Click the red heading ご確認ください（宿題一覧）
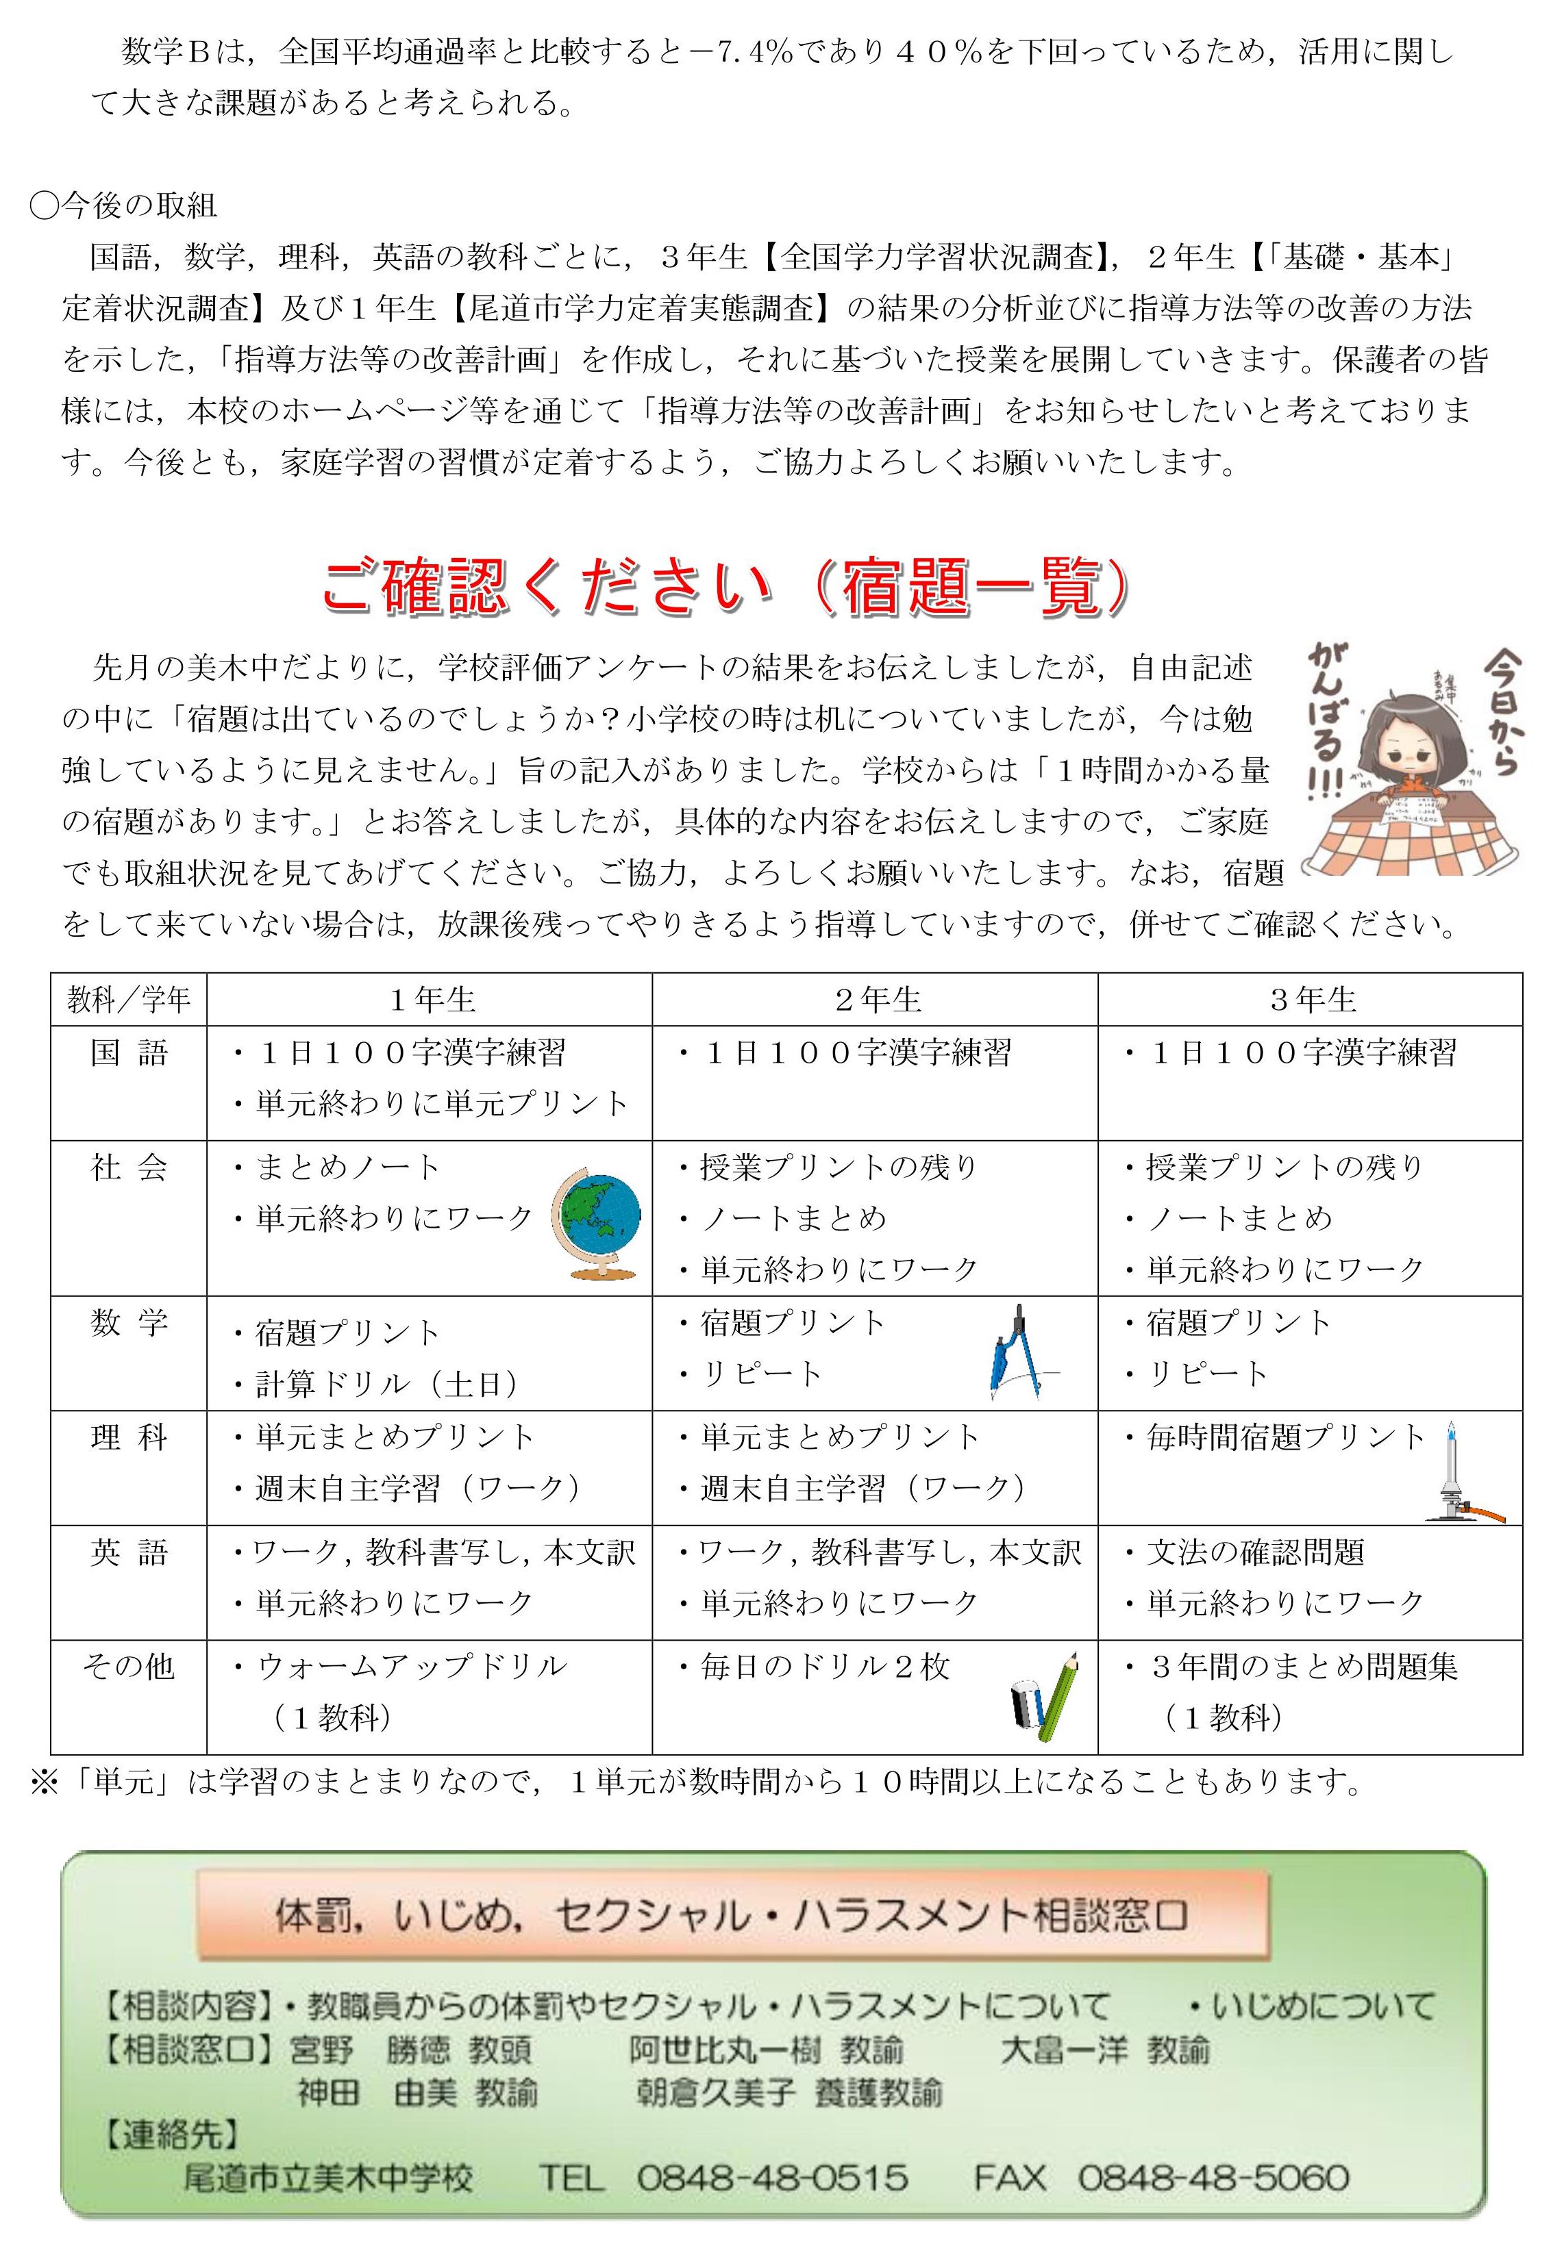point(725,588)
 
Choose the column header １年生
point(431,1000)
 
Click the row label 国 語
point(128,1054)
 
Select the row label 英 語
point(128,1553)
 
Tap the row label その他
point(128,1667)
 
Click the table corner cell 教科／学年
point(128,1000)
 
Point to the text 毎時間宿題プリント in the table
point(1285,1437)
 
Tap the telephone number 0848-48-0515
point(771,2177)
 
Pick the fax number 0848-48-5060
point(1213,2177)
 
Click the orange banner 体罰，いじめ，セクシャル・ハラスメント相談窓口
point(732,1915)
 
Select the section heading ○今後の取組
point(125,205)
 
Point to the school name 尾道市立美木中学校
point(328,2177)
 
